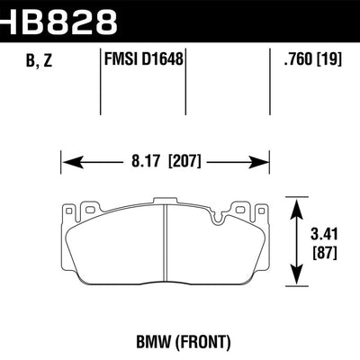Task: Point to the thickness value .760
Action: [296, 61]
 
